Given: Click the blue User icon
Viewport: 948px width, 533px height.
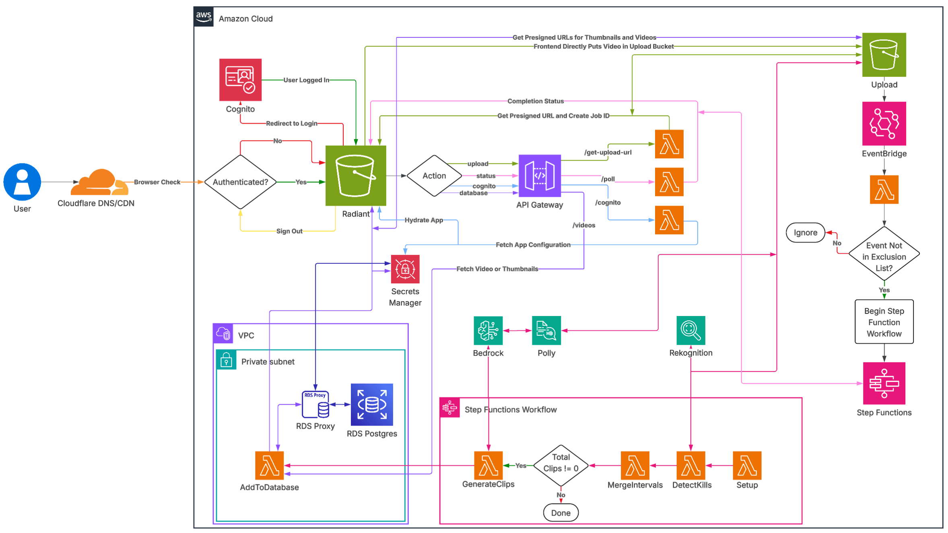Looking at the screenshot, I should [22, 182].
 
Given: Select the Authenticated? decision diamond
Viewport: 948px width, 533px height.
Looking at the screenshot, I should [240, 182].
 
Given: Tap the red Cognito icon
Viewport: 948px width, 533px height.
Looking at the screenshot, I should [240, 80].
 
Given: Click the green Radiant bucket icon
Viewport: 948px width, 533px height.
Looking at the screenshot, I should [355, 176].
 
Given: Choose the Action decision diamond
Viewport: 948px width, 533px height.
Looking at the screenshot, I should [434, 176].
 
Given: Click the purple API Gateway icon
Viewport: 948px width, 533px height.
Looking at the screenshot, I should [539, 176].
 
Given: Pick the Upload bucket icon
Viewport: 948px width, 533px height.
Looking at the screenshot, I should [884, 55].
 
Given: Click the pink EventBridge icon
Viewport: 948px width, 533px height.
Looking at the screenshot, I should [884, 124].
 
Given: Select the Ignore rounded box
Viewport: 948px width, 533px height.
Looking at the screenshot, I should [805, 233].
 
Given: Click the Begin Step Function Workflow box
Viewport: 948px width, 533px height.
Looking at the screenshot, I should [884, 322].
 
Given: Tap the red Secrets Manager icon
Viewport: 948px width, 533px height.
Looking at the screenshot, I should [405, 269].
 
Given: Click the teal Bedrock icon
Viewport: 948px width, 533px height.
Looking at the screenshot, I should [488, 331].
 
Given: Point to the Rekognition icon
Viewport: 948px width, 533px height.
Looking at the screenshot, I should [690, 331].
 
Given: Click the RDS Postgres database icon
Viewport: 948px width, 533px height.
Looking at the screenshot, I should [371, 405].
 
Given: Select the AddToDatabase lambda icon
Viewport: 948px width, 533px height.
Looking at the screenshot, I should [269, 465].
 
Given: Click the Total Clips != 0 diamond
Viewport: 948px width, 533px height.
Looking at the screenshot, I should [561, 465].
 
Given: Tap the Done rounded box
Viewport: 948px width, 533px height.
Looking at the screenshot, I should [561, 513].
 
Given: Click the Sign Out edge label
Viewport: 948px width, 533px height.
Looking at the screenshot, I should [289, 231].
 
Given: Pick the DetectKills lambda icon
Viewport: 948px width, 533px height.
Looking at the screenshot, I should [690, 465].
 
